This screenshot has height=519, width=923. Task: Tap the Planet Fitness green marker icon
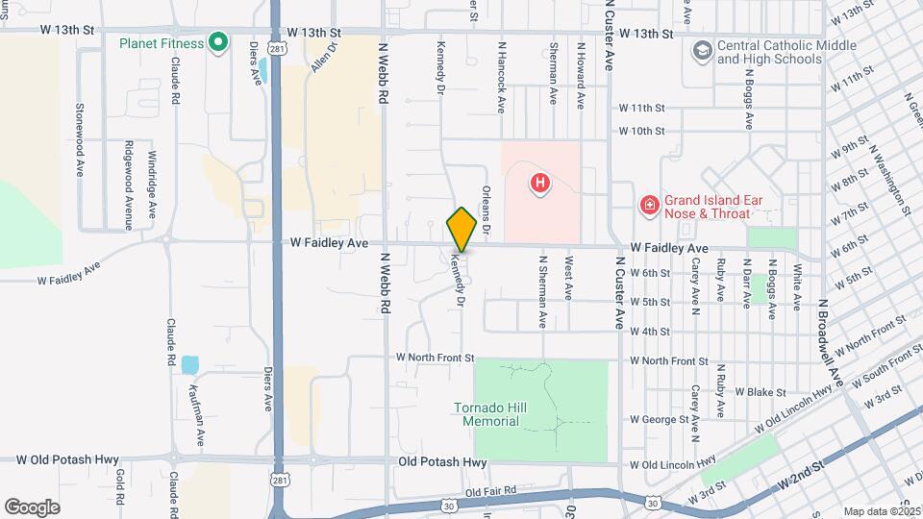[218, 42]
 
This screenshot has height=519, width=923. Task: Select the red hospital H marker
[540, 182]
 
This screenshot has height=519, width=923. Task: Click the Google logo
[32, 507]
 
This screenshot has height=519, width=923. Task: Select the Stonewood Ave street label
[80, 139]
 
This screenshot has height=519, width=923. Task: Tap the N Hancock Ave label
[501, 77]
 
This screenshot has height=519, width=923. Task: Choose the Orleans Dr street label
[486, 211]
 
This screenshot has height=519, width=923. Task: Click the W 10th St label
[642, 131]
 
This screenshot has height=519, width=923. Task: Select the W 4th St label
[650, 332]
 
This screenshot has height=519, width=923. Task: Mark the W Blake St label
[761, 392]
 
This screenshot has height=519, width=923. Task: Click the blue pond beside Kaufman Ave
[189, 365]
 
